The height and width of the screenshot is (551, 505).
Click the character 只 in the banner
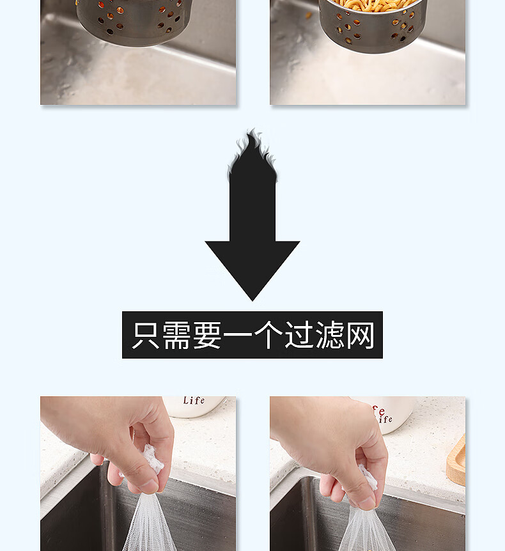(x=146, y=335)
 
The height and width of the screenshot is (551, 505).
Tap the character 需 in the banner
(x=177, y=335)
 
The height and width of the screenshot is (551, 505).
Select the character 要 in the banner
(x=208, y=335)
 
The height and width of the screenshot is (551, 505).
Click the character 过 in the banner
(x=299, y=335)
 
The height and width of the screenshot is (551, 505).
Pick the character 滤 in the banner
(x=330, y=335)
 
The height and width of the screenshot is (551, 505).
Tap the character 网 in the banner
(x=361, y=335)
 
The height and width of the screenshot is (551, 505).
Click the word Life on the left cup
(x=194, y=400)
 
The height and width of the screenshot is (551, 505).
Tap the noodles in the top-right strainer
(x=374, y=4)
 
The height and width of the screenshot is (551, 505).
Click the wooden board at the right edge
(x=456, y=460)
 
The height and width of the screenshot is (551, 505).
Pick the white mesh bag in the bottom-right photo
(x=366, y=530)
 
